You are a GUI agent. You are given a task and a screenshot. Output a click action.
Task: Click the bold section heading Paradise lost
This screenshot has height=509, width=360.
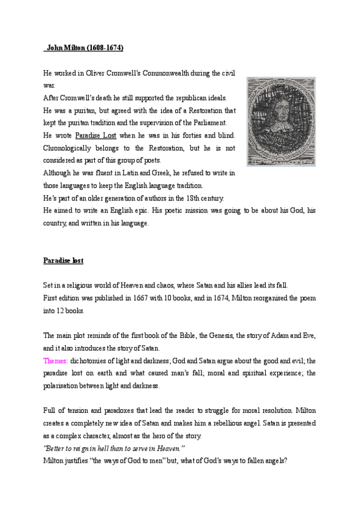pyautogui.click(x=64, y=261)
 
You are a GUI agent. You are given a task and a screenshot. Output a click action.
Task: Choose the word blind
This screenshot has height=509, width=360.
pyautogui.click(x=225, y=136)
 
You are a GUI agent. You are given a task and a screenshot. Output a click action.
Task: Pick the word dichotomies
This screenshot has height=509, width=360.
pyautogui.click(x=91, y=361)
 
